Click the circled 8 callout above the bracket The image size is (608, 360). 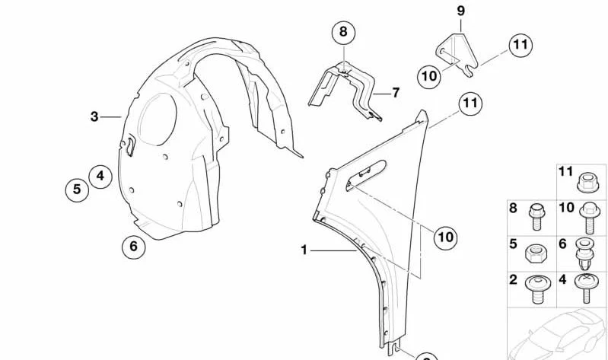pyautogui.click(x=343, y=32)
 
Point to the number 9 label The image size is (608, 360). pyautogui.click(x=460, y=11)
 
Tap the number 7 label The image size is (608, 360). pyautogui.click(x=396, y=93)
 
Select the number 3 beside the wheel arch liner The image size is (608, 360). pyautogui.click(x=94, y=116)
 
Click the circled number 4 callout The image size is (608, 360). pyautogui.click(x=100, y=177)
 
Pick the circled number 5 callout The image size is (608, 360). pyautogui.click(x=77, y=190)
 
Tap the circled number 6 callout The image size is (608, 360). pyautogui.click(x=133, y=247)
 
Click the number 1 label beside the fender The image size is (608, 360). pyautogui.click(x=304, y=250)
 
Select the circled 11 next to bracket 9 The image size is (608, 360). pyautogui.click(x=520, y=46)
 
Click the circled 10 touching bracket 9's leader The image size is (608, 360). pyautogui.click(x=429, y=76)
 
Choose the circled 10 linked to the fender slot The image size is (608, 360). pyautogui.click(x=445, y=237)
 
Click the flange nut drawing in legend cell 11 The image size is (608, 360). pyautogui.click(x=588, y=183)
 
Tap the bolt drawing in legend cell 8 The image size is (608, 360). pyautogui.click(x=537, y=216)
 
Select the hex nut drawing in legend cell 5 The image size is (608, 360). pyautogui.click(x=534, y=255)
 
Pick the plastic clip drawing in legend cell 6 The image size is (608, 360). pyautogui.click(x=584, y=254)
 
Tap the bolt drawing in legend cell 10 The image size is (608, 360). pyautogui.click(x=590, y=219)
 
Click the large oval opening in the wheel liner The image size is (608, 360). pyautogui.click(x=157, y=119)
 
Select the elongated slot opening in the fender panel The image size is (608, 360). pyautogui.click(x=366, y=175)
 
